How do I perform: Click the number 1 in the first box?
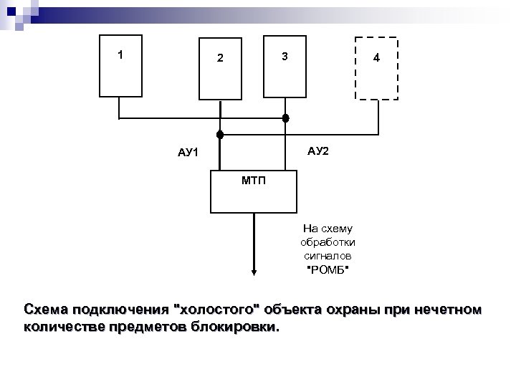tap(121, 54)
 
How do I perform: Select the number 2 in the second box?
tap(221, 58)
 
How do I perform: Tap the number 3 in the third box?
tap(285, 57)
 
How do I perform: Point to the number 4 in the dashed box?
tap(376, 58)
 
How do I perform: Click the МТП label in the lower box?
tap(253, 180)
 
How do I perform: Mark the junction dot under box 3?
tap(285, 118)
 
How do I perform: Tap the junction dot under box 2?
tap(221, 134)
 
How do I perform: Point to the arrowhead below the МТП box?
tap(254, 272)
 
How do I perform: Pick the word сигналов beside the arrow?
tap(328, 255)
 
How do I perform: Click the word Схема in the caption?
tap(47, 310)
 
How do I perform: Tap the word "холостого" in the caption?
tap(218, 310)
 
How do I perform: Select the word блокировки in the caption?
tap(241, 328)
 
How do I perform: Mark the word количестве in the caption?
tap(63, 328)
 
